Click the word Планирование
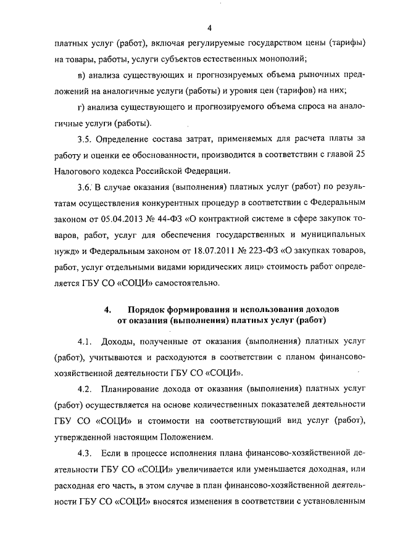132,390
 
